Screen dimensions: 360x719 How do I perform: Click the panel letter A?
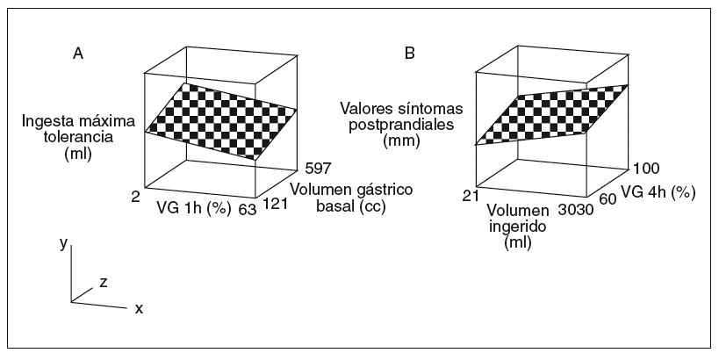78,54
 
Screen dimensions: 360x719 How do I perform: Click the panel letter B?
410,54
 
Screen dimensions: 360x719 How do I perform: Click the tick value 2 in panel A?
136,198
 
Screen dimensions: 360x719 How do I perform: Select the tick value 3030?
577,210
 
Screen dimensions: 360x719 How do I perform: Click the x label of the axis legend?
139,309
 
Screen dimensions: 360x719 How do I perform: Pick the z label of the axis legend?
103,282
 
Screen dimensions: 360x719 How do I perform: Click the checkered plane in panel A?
220,119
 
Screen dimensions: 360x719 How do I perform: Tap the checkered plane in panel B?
552,115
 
